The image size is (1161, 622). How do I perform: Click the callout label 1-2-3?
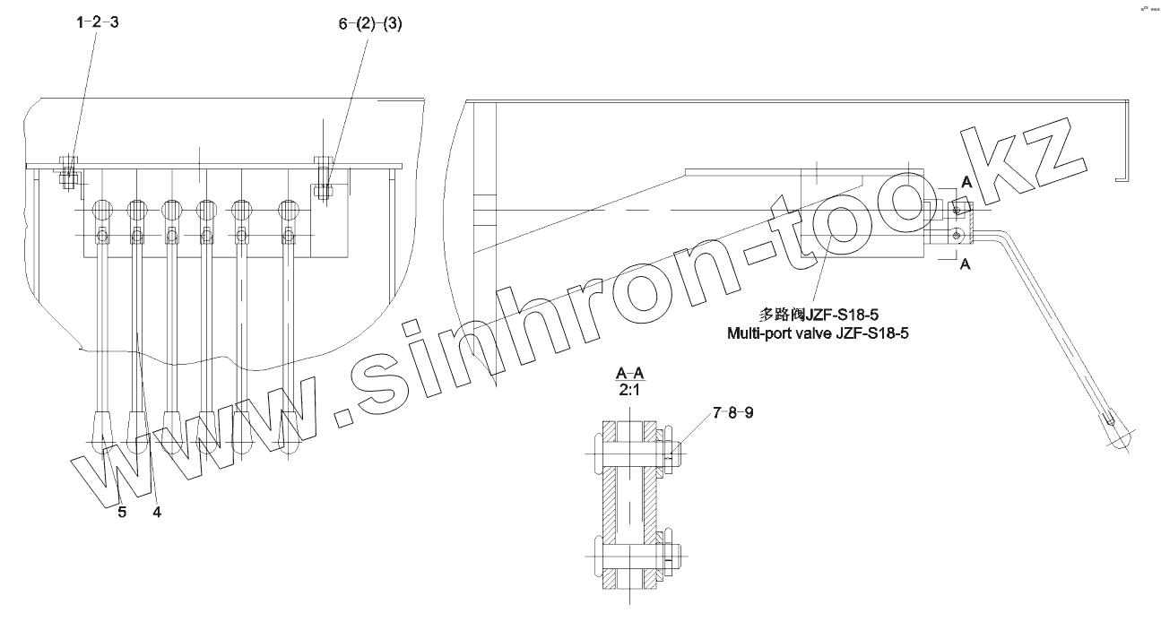[x=97, y=23]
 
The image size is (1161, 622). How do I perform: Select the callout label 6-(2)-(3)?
[x=370, y=25]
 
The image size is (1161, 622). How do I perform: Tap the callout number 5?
[x=122, y=512]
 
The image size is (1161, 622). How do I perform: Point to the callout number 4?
[x=156, y=512]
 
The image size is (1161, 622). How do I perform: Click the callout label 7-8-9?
[x=733, y=413]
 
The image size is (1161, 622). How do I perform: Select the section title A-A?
[x=631, y=373]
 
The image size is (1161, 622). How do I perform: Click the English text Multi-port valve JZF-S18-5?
[x=825, y=333]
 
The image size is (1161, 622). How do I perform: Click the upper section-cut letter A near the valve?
[x=966, y=181]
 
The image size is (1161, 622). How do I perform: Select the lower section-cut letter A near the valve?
[x=964, y=265]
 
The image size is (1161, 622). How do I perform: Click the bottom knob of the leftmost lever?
[x=101, y=436]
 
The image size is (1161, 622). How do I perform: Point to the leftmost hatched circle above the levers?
[x=101, y=211]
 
